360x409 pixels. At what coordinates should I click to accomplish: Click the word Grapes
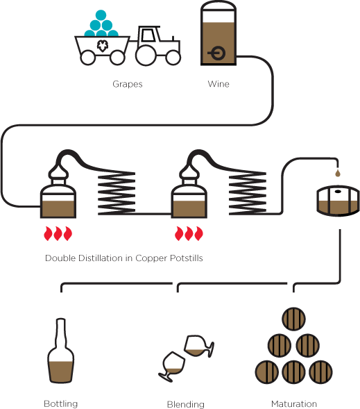coord(128,84)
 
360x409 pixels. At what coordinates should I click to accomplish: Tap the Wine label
coord(218,84)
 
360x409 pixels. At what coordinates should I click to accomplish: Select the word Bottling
coord(61,403)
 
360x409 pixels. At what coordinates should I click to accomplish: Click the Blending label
coord(185,404)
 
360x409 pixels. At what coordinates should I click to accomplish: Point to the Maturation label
coord(294,403)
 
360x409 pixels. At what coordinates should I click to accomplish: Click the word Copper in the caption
coord(151,258)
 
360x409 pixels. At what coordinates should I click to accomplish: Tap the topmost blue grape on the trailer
coord(101,15)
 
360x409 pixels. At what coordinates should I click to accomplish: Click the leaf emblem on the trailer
coord(103,46)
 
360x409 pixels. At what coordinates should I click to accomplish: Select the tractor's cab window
coord(148,35)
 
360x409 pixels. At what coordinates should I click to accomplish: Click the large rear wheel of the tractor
coord(146,56)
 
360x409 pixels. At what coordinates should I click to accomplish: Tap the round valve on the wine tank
coord(218,53)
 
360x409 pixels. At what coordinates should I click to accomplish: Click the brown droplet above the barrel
coord(338,173)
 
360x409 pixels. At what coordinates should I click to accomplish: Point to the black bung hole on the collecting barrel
coord(338,192)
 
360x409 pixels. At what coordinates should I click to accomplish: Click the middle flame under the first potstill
coord(58,233)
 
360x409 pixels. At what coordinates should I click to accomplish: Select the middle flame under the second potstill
coord(189,233)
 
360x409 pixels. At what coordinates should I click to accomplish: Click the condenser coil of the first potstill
coord(117,193)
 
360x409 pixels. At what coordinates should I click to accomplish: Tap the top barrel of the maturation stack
coord(294,319)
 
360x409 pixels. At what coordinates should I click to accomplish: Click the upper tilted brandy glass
coord(198,346)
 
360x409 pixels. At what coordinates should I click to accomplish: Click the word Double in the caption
coord(60,258)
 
